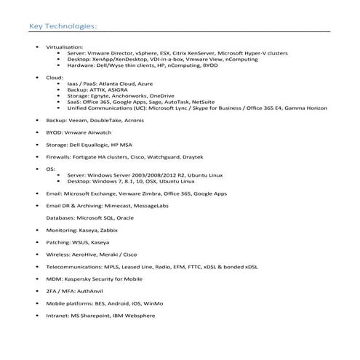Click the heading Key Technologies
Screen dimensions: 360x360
point(62,28)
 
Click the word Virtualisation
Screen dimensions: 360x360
point(63,47)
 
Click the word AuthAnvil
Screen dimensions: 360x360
point(87,291)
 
